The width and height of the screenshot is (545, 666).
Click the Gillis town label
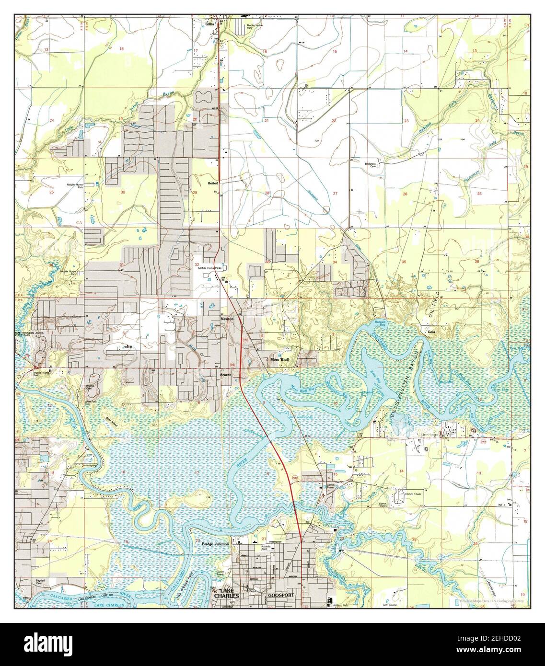(209, 23)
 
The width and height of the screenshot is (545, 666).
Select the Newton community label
(226, 319)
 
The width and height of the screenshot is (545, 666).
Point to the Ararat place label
(226, 376)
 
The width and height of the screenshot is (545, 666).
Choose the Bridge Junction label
(216, 544)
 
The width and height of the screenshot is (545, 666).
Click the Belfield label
(213, 183)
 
